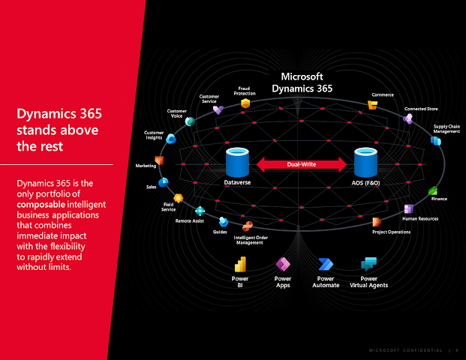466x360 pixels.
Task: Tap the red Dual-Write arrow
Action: click(x=302, y=164)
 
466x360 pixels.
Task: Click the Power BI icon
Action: click(x=240, y=265)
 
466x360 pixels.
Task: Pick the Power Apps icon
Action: click(x=283, y=265)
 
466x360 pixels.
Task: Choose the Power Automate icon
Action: click(x=326, y=265)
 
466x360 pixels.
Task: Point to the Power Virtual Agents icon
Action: click(x=368, y=265)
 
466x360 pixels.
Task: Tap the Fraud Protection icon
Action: click(x=245, y=104)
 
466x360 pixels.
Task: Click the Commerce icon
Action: click(x=372, y=106)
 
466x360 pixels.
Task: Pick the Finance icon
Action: click(x=433, y=190)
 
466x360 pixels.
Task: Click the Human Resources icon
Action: click(x=408, y=208)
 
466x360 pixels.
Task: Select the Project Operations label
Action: click(x=392, y=232)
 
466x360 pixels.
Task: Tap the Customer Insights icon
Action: click(x=171, y=139)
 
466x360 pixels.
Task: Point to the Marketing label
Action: click(x=146, y=166)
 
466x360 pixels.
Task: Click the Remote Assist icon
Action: click(x=200, y=211)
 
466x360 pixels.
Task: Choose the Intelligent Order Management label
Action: click(x=249, y=240)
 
